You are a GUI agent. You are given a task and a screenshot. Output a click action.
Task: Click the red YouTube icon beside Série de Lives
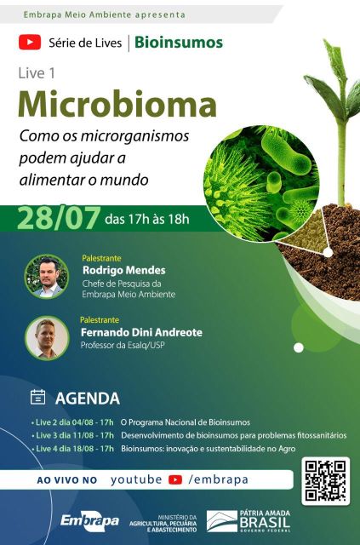click(x=30, y=43)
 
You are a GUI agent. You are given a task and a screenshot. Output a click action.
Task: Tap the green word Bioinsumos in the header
click(x=179, y=43)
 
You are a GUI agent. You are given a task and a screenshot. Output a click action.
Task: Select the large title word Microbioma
click(x=117, y=104)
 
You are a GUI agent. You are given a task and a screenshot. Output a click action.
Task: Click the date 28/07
click(x=59, y=218)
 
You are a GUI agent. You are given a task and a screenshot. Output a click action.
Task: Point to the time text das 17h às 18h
click(x=147, y=220)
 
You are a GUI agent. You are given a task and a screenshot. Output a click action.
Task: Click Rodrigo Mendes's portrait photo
click(x=47, y=276)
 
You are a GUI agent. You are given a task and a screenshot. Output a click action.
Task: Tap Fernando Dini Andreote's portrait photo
click(x=47, y=338)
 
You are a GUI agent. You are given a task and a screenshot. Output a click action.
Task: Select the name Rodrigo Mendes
click(x=123, y=270)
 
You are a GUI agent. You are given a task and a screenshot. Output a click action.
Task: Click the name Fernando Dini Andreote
click(x=141, y=332)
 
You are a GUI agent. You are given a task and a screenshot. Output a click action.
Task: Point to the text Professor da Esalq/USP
click(x=123, y=345)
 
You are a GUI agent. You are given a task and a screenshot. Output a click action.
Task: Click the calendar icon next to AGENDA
click(x=38, y=397)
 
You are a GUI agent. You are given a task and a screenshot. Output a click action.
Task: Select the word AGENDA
click(x=87, y=399)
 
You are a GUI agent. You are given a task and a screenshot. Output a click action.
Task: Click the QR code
click(x=326, y=481)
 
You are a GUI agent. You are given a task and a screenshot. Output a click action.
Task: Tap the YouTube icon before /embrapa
click(x=175, y=479)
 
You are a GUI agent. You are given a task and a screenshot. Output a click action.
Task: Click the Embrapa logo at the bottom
click(x=89, y=521)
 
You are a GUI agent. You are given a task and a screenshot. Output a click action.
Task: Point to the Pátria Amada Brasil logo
click(x=249, y=521)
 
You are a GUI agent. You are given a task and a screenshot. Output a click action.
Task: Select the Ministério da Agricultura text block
click(x=163, y=524)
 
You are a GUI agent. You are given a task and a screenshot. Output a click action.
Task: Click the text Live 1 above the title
click(x=37, y=73)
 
